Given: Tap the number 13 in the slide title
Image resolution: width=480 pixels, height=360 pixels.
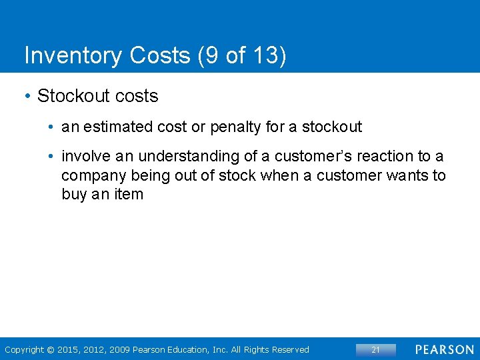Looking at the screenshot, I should click(264, 56).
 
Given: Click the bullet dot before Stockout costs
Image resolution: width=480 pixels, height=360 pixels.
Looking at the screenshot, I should click(27, 97).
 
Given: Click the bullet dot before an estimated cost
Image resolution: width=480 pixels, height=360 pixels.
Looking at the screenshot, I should click(51, 127).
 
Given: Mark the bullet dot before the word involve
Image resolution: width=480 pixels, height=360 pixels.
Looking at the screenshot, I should click(51, 156).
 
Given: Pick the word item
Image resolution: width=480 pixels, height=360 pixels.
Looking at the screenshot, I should click(127, 195).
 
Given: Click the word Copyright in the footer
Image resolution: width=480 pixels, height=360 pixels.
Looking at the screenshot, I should click(24, 349).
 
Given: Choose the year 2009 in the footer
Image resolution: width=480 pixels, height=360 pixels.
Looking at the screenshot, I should click(120, 349).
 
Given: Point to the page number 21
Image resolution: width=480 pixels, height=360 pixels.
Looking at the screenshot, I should click(375, 349).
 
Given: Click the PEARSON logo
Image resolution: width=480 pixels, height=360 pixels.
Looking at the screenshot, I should click(445, 349).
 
